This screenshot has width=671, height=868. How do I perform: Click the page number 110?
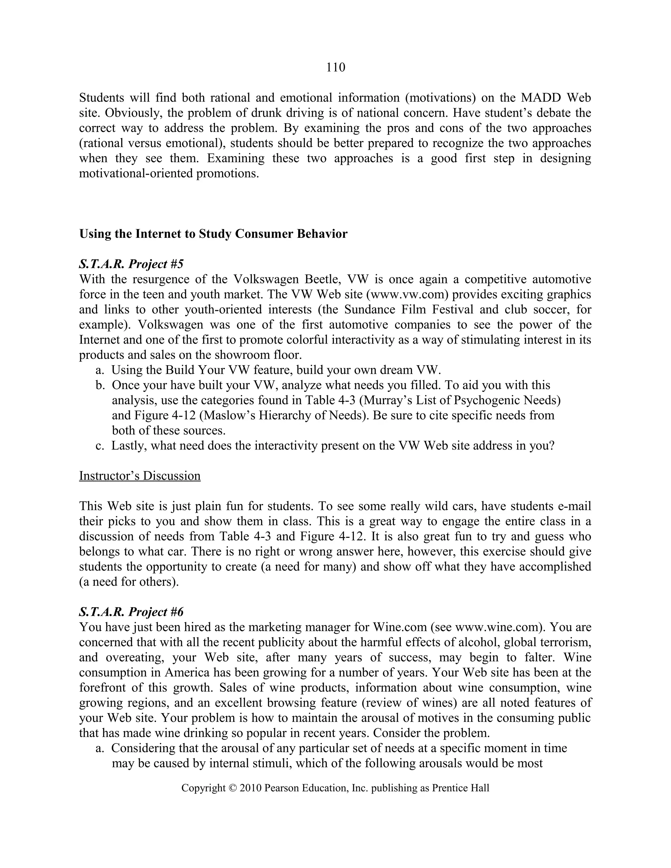335,67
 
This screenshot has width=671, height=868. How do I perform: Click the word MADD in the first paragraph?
541,98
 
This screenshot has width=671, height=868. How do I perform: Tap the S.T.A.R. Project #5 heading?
131,264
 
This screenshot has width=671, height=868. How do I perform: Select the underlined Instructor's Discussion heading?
140,476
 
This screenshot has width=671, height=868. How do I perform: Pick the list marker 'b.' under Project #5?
100,385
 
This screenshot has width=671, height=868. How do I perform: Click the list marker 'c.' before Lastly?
100,445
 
